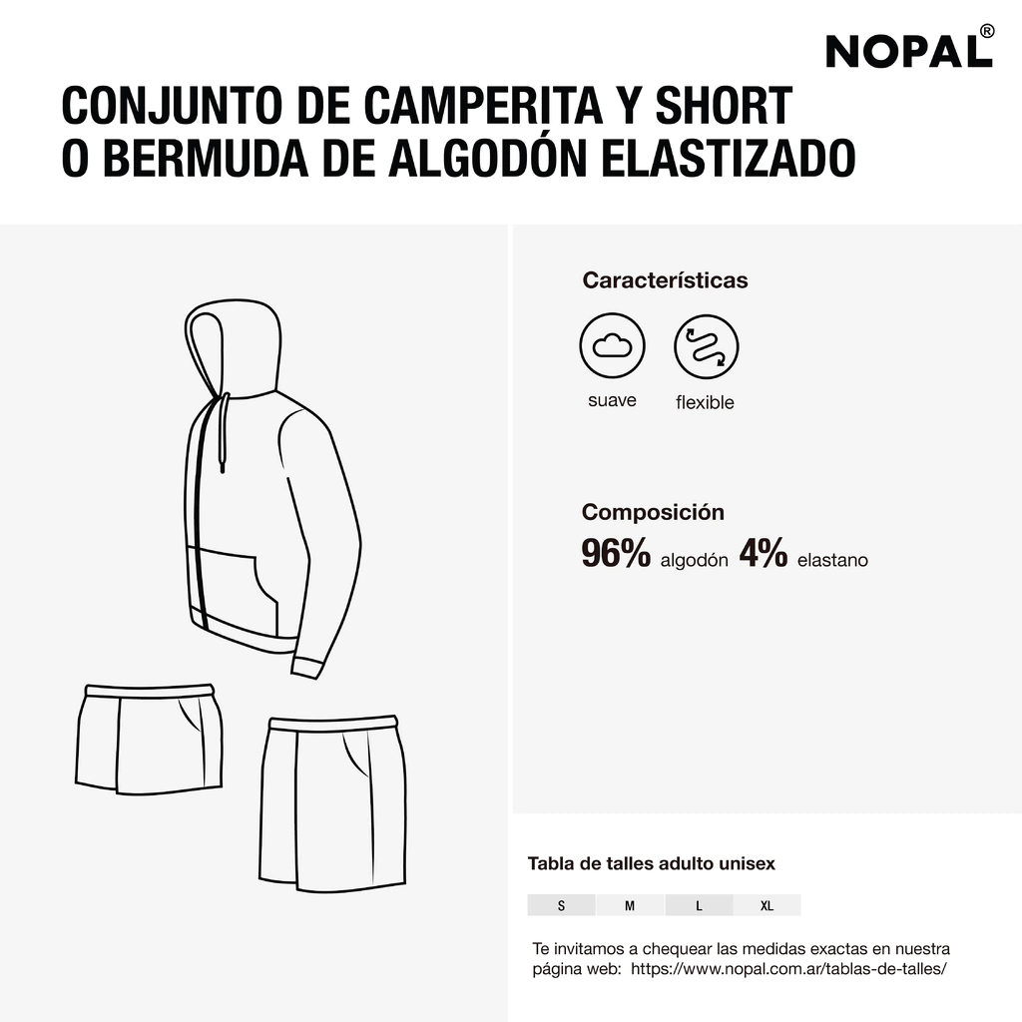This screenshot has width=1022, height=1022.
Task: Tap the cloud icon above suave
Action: pyautogui.click(x=612, y=345)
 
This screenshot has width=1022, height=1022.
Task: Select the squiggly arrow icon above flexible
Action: pyautogui.click(x=707, y=346)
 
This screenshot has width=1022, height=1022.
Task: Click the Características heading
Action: pyautogui.click(x=665, y=280)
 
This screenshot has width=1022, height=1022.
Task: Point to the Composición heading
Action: pyautogui.click(x=653, y=512)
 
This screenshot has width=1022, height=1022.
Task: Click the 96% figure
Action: pyautogui.click(x=616, y=553)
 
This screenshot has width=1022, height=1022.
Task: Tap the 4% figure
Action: pyautogui.click(x=764, y=553)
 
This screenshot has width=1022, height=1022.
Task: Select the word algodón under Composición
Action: pyautogui.click(x=695, y=561)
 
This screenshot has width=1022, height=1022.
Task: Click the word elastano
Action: pyautogui.click(x=832, y=560)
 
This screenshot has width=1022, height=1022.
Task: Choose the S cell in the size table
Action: pyautogui.click(x=561, y=905)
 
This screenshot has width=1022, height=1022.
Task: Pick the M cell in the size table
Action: pyautogui.click(x=630, y=905)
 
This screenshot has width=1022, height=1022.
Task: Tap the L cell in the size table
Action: pyautogui.click(x=699, y=905)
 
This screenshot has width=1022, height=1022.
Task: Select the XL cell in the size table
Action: pyautogui.click(x=767, y=905)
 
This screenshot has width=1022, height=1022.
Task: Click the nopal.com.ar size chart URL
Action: pyautogui.click(x=788, y=969)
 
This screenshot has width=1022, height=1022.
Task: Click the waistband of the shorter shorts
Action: pyautogui.click(x=150, y=691)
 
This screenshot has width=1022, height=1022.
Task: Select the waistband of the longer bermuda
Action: pyautogui.click(x=333, y=723)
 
